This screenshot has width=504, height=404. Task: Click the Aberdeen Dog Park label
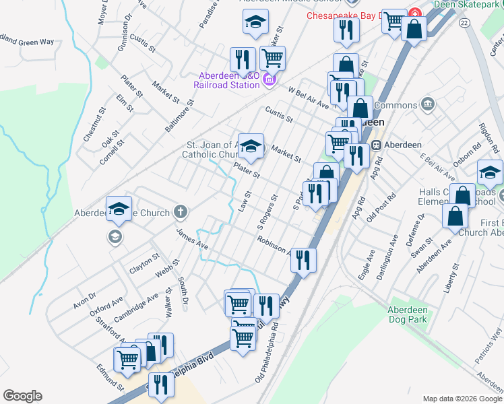(x=407, y=315)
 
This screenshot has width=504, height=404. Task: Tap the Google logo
(x=22, y=396)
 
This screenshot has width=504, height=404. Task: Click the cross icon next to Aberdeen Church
(x=180, y=213)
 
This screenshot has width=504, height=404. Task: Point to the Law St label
(x=245, y=200)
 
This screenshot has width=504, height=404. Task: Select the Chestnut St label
(x=94, y=125)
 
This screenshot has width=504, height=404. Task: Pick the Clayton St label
(x=144, y=262)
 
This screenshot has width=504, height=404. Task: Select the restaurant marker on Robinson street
(x=304, y=259)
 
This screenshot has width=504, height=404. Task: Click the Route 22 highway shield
(x=464, y=23)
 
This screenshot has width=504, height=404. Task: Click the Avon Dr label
(x=85, y=301)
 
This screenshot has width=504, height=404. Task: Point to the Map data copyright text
(x=455, y=399)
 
